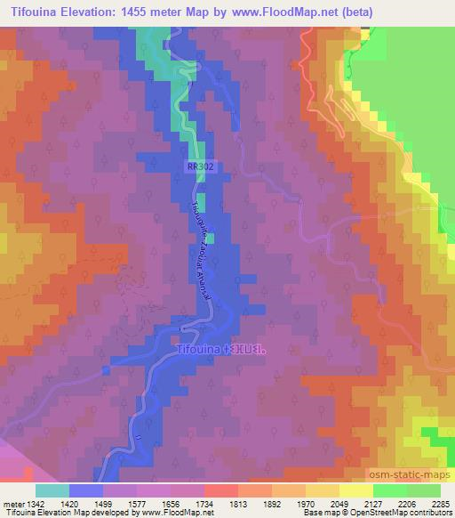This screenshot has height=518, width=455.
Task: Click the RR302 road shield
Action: [200, 166]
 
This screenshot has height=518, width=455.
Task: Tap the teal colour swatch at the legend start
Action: [52, 490]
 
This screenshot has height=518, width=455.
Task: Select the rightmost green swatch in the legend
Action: [423, 490]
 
